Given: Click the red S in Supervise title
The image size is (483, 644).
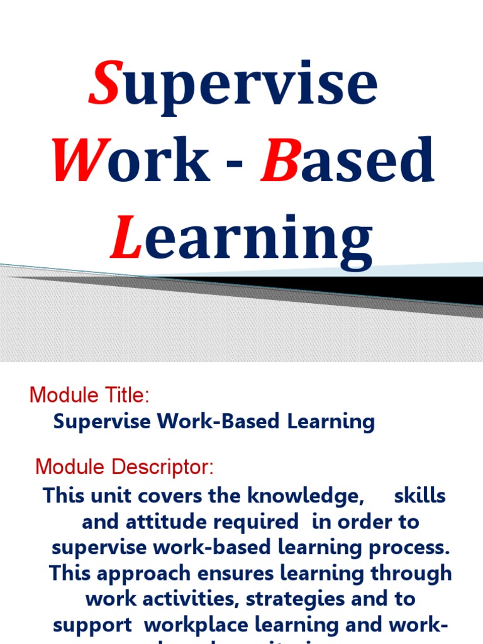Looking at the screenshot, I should [104, 84].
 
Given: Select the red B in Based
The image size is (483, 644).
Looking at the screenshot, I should [277, 160].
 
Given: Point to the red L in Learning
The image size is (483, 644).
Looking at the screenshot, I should [125, 237].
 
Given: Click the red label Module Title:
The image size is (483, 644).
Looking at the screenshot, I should [89, 396].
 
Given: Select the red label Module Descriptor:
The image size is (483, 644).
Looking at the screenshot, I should [125, 467].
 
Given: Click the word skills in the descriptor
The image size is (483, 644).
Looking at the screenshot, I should [419, 496].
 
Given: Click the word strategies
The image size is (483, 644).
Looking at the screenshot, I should [302, 599].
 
